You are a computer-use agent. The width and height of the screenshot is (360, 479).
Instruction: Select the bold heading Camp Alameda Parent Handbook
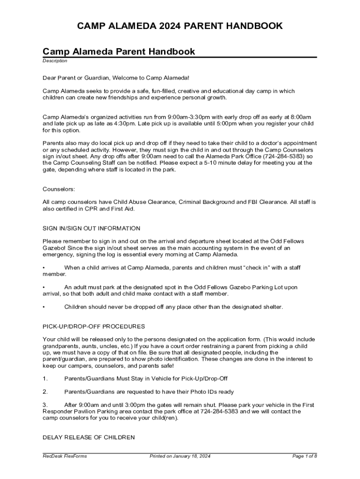click(x=119, y=51)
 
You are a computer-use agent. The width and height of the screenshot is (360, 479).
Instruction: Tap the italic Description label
click(x=55, y=61)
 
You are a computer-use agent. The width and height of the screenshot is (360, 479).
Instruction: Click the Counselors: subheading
click(x=59, y=189)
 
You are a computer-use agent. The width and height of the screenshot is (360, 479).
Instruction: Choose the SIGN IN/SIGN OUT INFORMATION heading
click(x=91, y=228)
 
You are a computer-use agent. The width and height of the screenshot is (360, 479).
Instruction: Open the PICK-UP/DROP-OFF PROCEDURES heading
click(x=94, y=326)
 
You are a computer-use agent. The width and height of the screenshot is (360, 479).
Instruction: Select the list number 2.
click(x=45, y=392)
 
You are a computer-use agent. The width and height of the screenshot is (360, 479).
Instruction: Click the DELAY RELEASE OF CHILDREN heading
click(x=89, y=437)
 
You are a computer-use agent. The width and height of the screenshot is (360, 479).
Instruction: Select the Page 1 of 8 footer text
click(x=304, y=456)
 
